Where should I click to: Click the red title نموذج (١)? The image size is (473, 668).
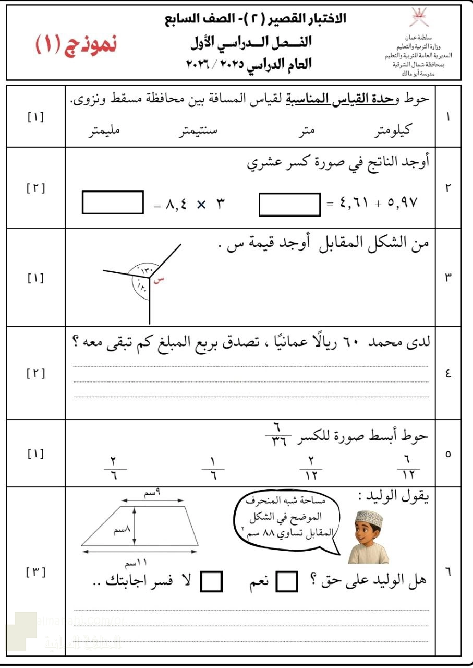coord(76,45)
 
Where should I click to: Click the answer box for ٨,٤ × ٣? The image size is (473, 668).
coord(113,202)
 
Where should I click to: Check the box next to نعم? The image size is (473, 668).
coord(286,581)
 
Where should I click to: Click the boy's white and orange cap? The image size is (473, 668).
coord(369,519)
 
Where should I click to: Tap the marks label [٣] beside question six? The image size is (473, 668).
coord(35,572)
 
